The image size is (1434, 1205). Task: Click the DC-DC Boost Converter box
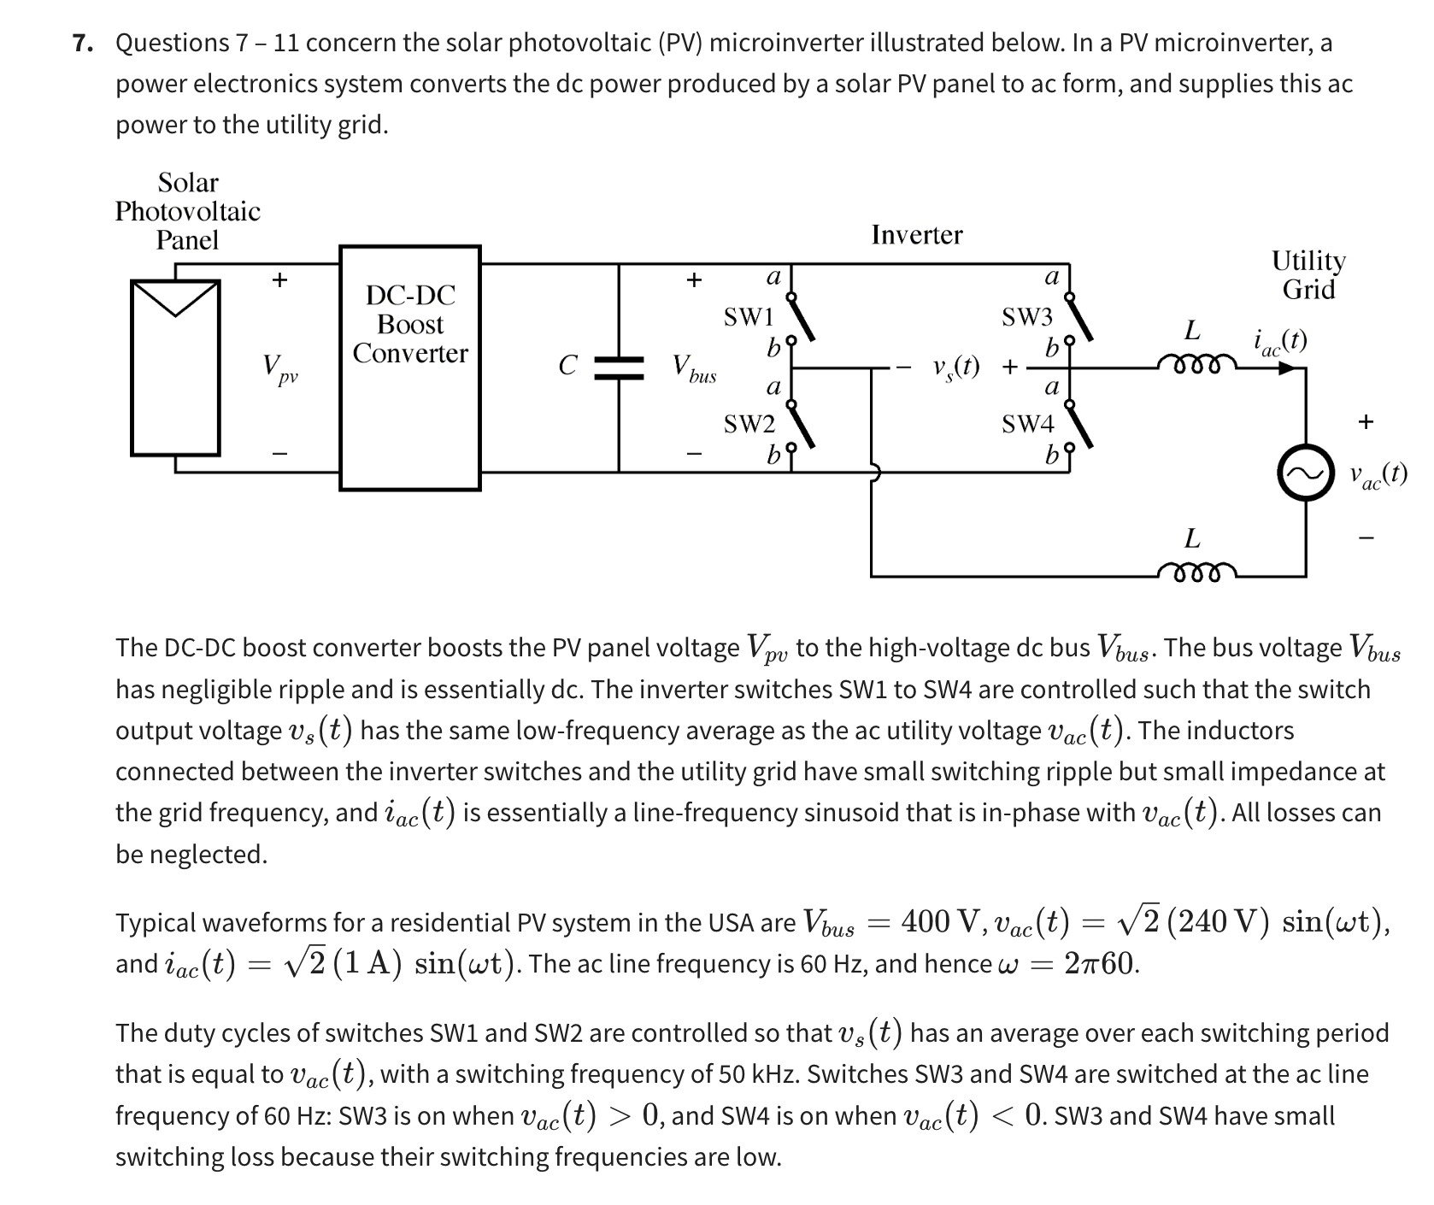pos(410,367)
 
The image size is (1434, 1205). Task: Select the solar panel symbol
pos(176,367)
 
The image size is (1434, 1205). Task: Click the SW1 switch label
pos(749,317)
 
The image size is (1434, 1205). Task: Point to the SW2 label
pos(749,424)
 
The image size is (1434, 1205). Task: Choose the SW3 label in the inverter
pos(1027,317)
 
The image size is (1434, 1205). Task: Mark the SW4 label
pos(1027,423)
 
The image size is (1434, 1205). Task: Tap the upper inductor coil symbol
pos(1196,366)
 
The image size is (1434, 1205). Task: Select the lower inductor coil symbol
pos(1196,571)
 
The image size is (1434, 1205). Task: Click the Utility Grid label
pos(1308,274)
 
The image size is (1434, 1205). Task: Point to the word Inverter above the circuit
pos(916,235)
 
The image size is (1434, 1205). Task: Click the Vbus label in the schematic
pos(693,369)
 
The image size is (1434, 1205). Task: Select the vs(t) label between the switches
pos(955,368)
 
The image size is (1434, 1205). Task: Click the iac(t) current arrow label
pos(1279,342)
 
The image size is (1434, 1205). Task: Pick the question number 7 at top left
pos(82,43)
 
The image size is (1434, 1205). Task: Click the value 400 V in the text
pos(937,921)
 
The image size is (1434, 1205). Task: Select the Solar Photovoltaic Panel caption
pos(188,211)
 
